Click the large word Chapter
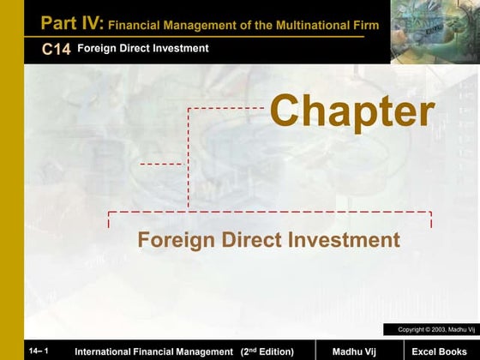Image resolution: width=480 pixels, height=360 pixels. pos(352,112)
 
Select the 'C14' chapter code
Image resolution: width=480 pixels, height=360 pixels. pos(56,50)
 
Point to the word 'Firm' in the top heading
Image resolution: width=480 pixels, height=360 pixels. pos(363,26)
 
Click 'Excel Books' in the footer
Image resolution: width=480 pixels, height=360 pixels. pos(437,351)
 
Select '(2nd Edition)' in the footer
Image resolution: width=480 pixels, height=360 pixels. pos(267,351)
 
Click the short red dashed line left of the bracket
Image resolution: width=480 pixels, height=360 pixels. pos(160,163)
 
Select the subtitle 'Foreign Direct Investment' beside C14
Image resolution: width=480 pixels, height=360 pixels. pos(142,49)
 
